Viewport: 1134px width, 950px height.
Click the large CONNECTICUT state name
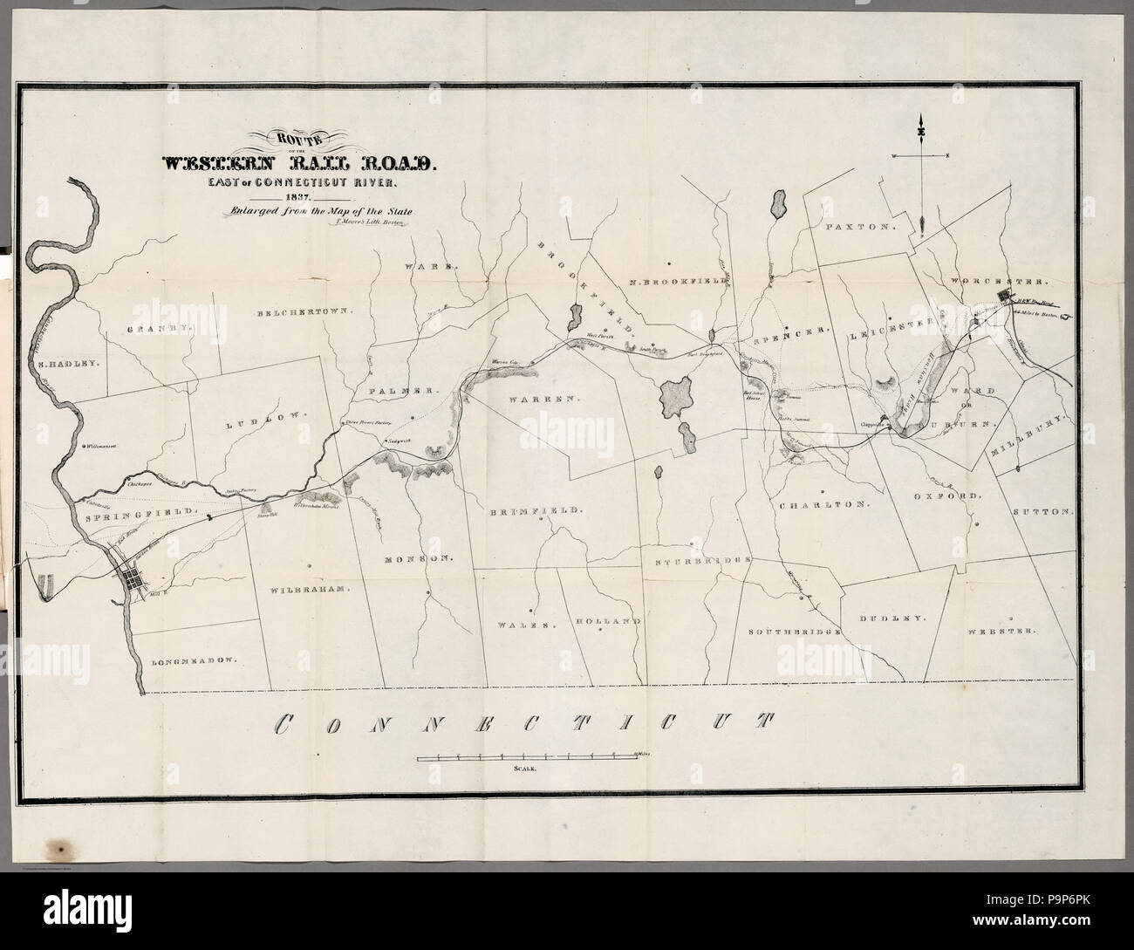click(523, 722)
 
